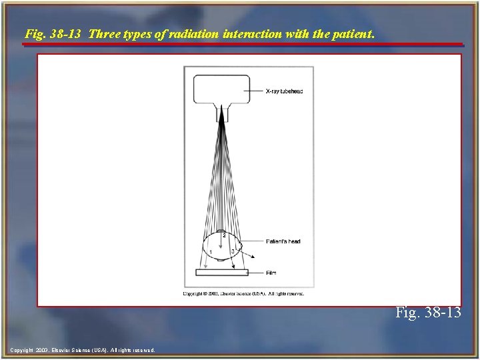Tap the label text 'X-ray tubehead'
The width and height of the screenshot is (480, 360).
pos(283,91)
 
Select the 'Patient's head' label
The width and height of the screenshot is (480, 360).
pos(283,241)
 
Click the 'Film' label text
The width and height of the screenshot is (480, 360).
pos(271,272)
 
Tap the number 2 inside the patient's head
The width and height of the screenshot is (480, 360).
pos(224,236)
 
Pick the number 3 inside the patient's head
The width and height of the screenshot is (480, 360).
pos(233,251)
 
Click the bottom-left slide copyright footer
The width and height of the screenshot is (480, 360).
pos(83,349)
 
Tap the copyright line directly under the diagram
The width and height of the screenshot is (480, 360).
pos(243,293)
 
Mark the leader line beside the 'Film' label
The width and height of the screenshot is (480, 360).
pos(257,272)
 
